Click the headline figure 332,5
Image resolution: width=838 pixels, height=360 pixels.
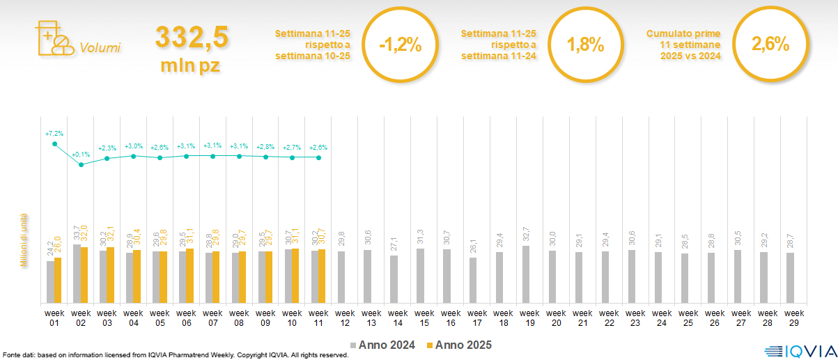coord(191,37)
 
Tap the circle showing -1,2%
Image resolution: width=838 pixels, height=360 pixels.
coord(400,45)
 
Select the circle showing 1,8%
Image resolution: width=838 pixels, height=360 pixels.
coord(585,45)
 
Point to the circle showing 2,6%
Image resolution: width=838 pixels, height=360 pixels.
coord(770,45)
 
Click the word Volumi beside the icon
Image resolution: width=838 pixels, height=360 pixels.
coord(100,48)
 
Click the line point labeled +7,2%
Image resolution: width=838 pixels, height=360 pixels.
coord(54,143)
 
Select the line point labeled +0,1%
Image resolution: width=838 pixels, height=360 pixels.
coord(81,164)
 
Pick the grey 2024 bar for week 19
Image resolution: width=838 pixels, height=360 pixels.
coord(526,274)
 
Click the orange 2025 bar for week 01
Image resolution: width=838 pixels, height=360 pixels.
coord(58,280)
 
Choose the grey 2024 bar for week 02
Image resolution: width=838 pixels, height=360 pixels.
coord(77,274)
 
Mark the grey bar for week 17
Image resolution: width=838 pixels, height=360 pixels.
coord(473,280)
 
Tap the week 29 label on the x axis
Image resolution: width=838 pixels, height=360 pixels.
coord(790,317)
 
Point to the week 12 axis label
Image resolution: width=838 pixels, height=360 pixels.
coord(345,317)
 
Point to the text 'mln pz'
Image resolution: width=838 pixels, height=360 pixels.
coord(191,65)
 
